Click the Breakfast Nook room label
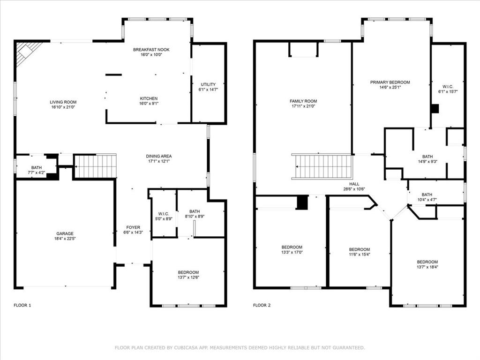(x=151, y=50)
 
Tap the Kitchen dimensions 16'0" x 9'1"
(x=149, y=104)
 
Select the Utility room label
(x=208, y=84)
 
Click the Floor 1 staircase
(x=96, y=166)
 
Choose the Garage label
(x=65, y=233)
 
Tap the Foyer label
(x=133, y=227)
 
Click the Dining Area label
(x=158, y=156)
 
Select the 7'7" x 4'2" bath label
(x=37, y=170)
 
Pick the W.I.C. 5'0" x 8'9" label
(x=164, y=216)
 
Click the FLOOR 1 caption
(x=22, y=305)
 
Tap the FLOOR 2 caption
(x=262, y=305)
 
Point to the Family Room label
(x=303, y=101)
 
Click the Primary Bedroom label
(x=390, y=82)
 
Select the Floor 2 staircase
(x=322, y=166)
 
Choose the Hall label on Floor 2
(x=354, y=184)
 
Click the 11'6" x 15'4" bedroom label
(x=360, y=252)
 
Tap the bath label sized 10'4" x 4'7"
(x=427, y=197)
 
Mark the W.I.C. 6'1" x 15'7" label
(x=448, y=89)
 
